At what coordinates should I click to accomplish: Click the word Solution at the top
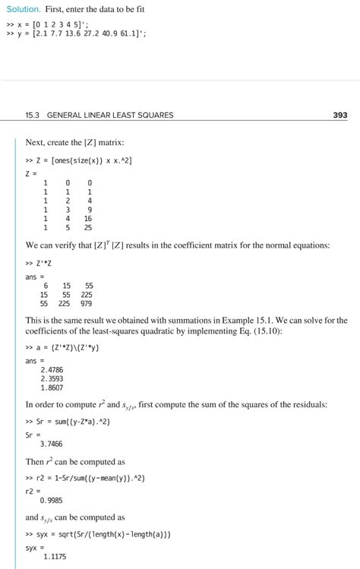tap(22, 9)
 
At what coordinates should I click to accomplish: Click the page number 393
tap(339, 115)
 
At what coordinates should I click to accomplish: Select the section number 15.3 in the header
tap(33, 115)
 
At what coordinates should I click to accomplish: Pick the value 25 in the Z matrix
tap(88, 227)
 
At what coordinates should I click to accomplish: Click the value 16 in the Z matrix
tap(88, 218)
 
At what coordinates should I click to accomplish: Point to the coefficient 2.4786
tap(52, 369)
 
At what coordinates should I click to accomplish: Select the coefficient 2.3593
tap(52, 378)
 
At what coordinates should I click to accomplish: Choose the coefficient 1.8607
tap(52, 387)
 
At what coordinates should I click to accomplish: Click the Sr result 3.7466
tap(52, 444)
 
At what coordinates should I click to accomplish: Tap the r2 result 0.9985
tap(52, 500)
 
